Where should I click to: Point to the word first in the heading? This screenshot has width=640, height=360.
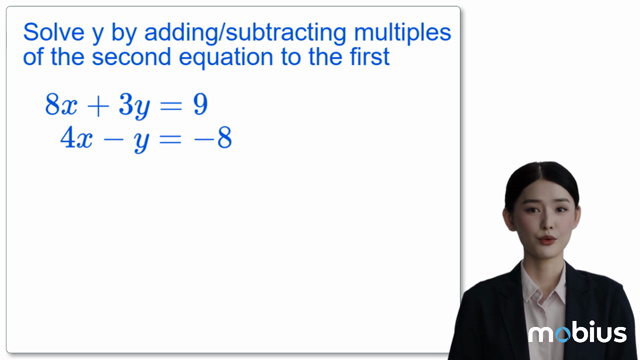click(365, 57)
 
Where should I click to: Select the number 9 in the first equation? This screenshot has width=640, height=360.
click(199, 103)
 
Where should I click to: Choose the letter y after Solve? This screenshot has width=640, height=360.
click(98, 34)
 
